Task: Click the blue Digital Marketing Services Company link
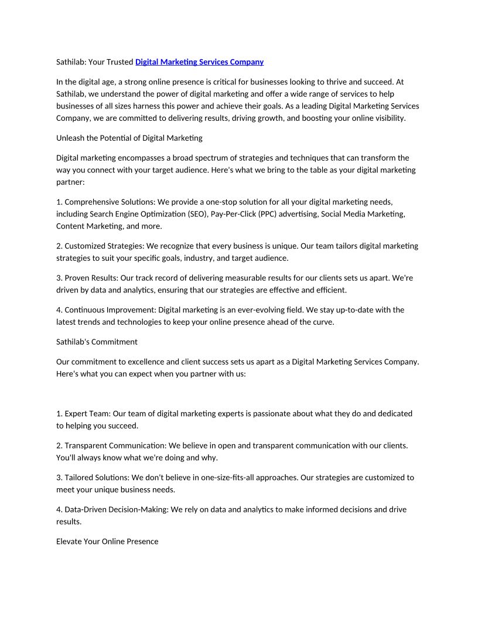point(199,62)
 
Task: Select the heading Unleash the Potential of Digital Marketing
point(129,138)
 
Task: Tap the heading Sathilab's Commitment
point(97,342)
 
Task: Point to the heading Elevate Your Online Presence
point(107,541)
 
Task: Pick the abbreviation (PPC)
point(268,214)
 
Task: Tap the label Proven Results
point(90,278)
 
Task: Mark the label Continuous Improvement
point(110,309)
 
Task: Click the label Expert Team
point(86,413)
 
